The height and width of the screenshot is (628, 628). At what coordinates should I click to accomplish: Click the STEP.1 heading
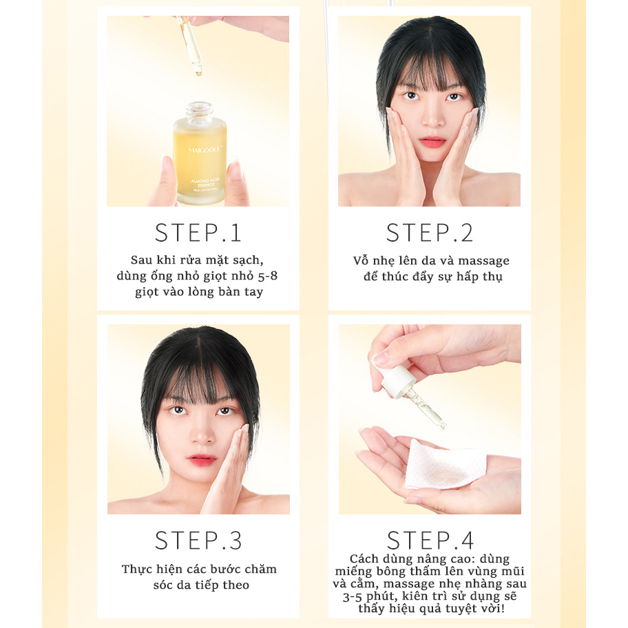[198, 233]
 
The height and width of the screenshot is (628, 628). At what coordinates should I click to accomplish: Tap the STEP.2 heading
[430, 233]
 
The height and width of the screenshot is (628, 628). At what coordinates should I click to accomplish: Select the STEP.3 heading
[198, 541]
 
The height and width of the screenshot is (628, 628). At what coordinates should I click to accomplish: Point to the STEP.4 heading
[430, 541]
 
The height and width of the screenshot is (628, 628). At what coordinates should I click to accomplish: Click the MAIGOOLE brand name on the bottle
[205, 150]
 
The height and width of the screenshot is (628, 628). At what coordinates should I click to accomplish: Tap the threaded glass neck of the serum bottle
[199, 109]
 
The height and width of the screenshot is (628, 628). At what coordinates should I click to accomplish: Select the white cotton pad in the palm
[445, 465]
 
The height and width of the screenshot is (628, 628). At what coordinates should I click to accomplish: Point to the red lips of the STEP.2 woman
[433, 142]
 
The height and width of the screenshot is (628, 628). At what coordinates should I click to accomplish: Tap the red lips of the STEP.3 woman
[202, 459]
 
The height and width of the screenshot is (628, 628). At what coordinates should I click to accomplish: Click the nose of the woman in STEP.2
[433, 118]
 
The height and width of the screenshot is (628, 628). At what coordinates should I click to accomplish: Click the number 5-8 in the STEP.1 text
[268, 275]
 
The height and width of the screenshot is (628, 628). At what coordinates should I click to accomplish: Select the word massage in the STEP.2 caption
[484, 261]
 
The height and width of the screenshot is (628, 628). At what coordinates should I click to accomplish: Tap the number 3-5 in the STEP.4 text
[353, 597]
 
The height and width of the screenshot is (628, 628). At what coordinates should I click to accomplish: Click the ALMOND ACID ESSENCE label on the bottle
[205, 183]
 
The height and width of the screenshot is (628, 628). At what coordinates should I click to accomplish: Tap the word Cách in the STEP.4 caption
[364, 558]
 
